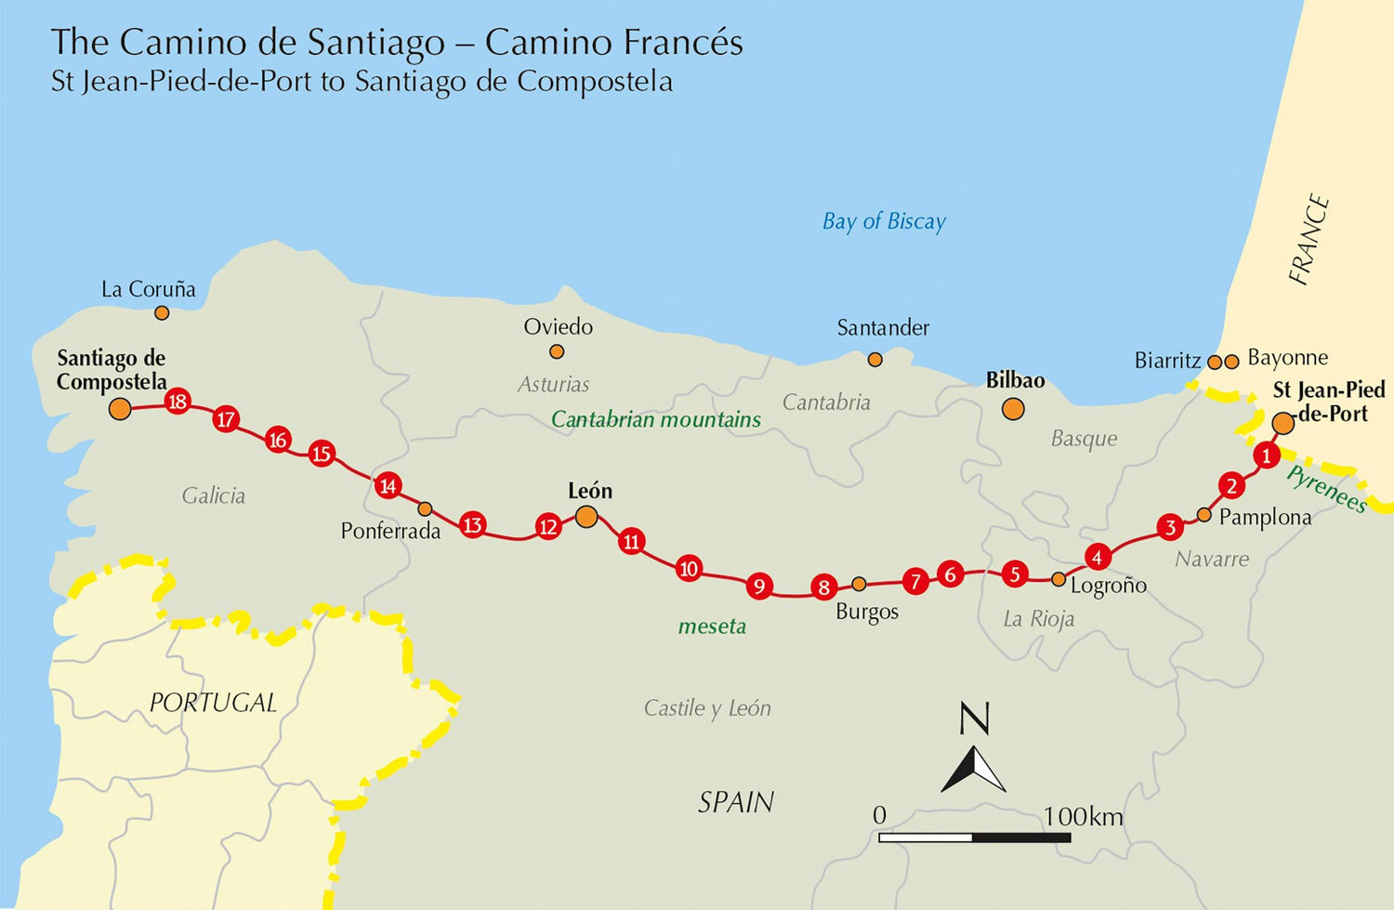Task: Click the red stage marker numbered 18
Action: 177,402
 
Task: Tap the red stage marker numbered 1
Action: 1265,455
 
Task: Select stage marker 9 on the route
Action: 759,586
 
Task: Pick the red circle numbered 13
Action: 473,525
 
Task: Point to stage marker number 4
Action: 1098,557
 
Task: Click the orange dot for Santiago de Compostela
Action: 120,408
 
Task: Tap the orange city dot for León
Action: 586,516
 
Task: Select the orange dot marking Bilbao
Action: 1013,408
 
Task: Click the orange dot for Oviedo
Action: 557,351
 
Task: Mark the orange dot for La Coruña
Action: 162,313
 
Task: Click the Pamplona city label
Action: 1265,517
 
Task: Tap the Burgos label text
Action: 867,612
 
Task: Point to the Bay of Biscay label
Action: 884,221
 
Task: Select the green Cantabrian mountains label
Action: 655,419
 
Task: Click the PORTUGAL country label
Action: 213,703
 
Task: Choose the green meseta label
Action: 712,626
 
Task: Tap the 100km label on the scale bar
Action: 1083,816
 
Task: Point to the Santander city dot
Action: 875,359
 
